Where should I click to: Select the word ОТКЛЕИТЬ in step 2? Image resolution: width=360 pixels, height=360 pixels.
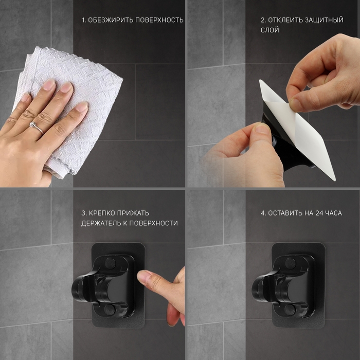(x=285, y=20)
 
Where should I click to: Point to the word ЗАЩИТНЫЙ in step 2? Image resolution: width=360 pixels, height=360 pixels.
(x=324, y=20)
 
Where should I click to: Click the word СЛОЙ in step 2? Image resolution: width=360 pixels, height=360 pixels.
(x=270, y=30)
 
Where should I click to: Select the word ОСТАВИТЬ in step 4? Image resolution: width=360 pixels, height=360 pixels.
(x=285, y=213)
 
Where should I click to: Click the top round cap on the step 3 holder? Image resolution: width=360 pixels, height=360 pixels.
(x=110, y=263)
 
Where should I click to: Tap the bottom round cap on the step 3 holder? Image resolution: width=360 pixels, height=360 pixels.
(x=110, y=310)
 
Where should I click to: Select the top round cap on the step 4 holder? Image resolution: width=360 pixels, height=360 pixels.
(x=291, y=263)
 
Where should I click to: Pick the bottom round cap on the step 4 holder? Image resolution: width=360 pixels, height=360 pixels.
(x=290, y=310)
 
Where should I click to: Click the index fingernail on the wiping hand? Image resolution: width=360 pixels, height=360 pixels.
(x=49, y=84)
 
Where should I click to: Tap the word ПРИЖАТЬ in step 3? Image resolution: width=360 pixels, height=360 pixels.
(x=133, y=213)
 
